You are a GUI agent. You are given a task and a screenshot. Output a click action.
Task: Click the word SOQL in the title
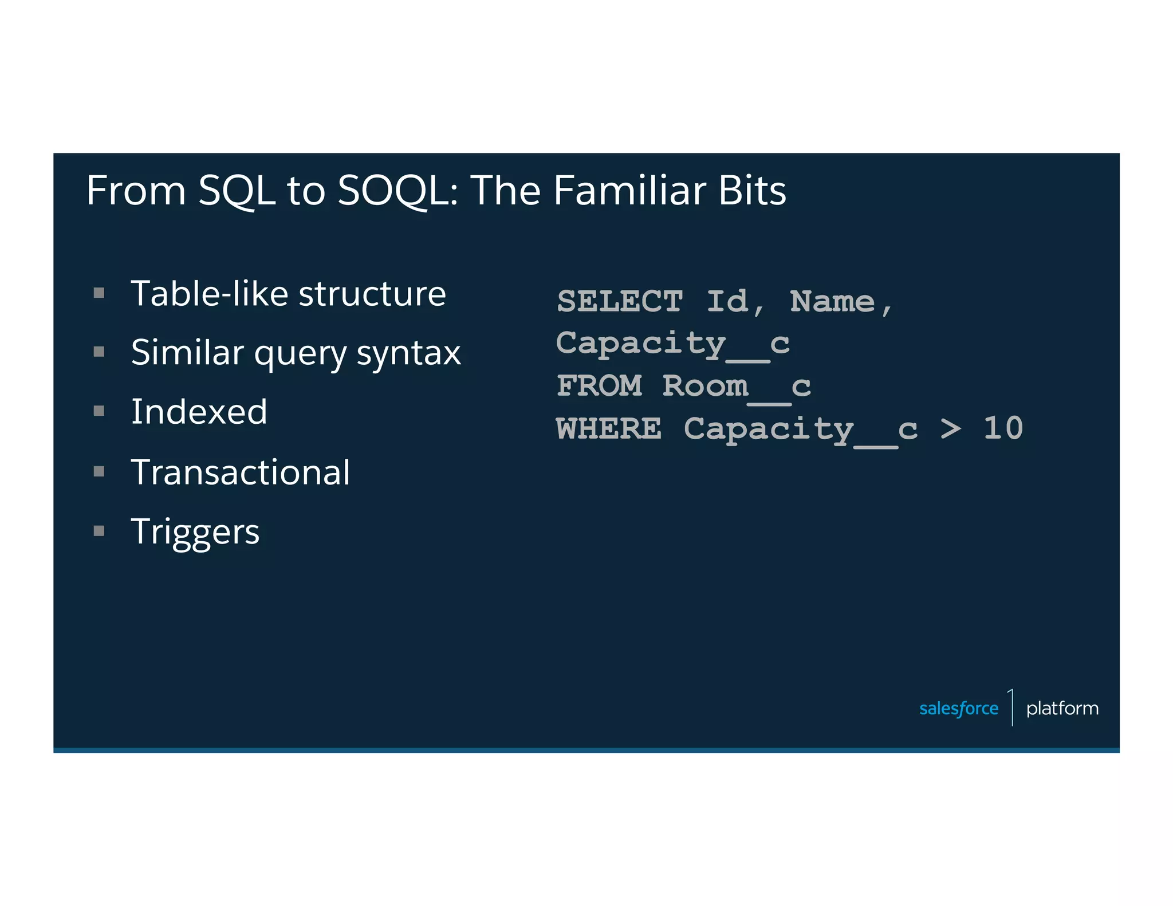[x=393, y=191]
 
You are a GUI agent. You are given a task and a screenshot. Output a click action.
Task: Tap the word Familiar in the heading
[x=629, y=191]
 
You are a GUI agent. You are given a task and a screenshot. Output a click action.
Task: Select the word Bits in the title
[x=752, y=191]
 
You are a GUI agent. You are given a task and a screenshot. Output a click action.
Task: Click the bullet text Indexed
[x=199, y=412]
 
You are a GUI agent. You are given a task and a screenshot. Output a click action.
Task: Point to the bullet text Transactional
[x=240, y=472]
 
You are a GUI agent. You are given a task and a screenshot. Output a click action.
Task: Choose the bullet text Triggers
[x=195, y=531]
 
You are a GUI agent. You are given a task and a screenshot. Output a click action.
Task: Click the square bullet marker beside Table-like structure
[x=99, y=294]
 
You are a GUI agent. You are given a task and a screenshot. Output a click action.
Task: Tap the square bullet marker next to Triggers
[x=99, y=531]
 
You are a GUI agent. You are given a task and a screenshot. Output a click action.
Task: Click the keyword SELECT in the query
[x=620, y=301]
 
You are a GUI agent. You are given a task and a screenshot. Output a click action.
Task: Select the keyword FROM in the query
[x=599, y=385]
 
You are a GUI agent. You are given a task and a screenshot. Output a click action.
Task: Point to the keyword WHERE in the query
[x=609, y=428]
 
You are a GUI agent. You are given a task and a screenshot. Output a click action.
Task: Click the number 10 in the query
[x=1003, y=428]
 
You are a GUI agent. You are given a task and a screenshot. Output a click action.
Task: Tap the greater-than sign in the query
[x=951, y=428]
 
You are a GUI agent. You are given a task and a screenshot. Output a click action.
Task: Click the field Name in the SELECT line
[x=832, y=301]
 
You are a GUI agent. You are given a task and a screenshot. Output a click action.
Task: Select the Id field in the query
[x=728, y=301]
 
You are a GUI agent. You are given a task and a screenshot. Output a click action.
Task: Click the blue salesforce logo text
[x=958, y=708]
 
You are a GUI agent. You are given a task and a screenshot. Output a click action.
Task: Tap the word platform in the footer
[x=1062, y=708]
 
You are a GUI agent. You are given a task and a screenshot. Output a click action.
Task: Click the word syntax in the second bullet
[x=408, y=353]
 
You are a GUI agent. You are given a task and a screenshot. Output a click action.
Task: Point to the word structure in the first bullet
[x=372, y=294]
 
